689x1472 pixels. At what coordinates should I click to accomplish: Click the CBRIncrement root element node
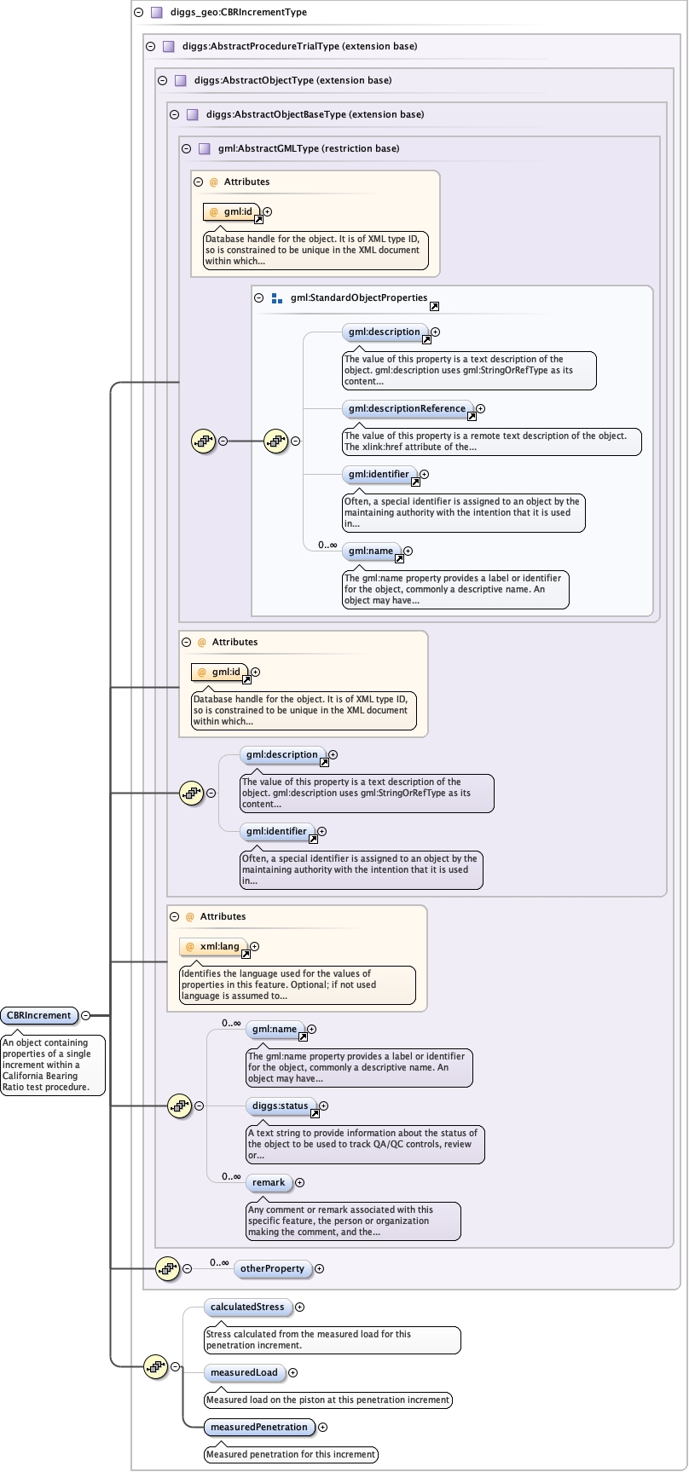click(x=39, y=1015)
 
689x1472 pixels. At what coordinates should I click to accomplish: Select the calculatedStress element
click(x=247, y=1307)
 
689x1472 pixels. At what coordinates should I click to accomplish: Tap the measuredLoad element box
click(x=244, y=1372)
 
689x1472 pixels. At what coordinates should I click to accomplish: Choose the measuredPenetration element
click(x=258, y=1427)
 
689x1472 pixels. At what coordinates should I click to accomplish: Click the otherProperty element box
click(x=272, y=1268)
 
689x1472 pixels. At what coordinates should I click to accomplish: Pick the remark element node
click(x=269, y=1182)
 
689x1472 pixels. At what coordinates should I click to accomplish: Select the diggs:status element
click(x=280, y=1105)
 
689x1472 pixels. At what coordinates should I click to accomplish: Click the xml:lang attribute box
click(x=219, y=946)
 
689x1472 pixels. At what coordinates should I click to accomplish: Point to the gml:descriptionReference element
click(x=407, y=408)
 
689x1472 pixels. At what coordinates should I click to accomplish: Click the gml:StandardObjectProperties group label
click(x=359, y=298)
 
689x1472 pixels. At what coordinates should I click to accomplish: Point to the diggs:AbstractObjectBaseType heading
click(x=315, y=114)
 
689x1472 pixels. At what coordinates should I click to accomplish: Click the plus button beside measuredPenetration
click(x=322, y=1427)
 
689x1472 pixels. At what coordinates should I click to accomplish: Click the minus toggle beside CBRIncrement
click(x=85, y=1015)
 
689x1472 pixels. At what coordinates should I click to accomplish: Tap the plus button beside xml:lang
click(x=254, y=946)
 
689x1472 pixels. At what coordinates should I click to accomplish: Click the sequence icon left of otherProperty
click(x=168, y=1268)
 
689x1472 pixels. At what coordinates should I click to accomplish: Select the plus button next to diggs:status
click(x=323, y=1105)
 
